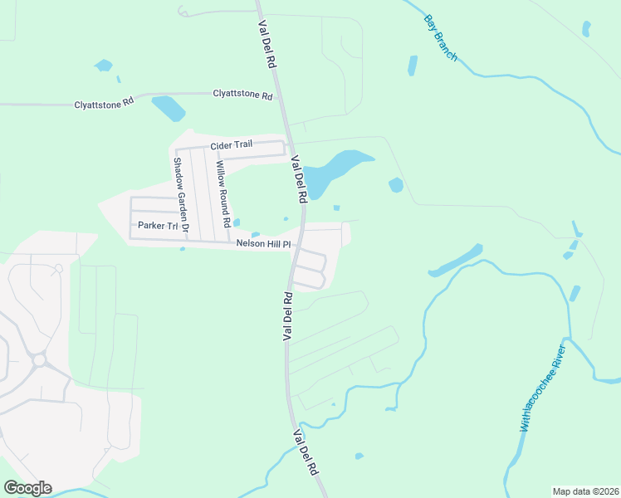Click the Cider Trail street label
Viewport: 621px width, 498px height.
pyautogui.click(x=231, y=145)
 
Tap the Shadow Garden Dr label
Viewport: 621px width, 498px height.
pyautogui.click(x=181, y=193)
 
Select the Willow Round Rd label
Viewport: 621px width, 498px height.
pyautogui.click(x=222, y=195)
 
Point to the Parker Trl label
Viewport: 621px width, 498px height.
pyautogui.click(x=158, y=226)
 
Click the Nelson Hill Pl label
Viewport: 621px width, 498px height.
pyautogui.click(x=264, y=244)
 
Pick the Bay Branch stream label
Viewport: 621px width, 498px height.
pyautogui.click(x=440, y=37)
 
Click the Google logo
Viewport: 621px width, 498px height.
pyautogui.click(x=27, y=488)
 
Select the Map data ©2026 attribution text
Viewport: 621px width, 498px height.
pyautogui.click(x=585, y=491)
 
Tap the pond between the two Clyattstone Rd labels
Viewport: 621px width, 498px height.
pyautogui.click(x=169, y=109)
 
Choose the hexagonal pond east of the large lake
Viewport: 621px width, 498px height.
pyautogui.click(x=396, y=185)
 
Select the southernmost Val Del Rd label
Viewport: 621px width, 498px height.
pyautogui.click(x=306, y=452)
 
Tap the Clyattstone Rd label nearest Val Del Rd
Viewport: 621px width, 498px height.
pyautogui.click(x=242, y=96)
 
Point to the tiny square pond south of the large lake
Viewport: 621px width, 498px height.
pyautogui.click(x=336, y=207)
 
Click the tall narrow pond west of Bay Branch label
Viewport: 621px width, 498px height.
pyautogui.click(x=413, y=66)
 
